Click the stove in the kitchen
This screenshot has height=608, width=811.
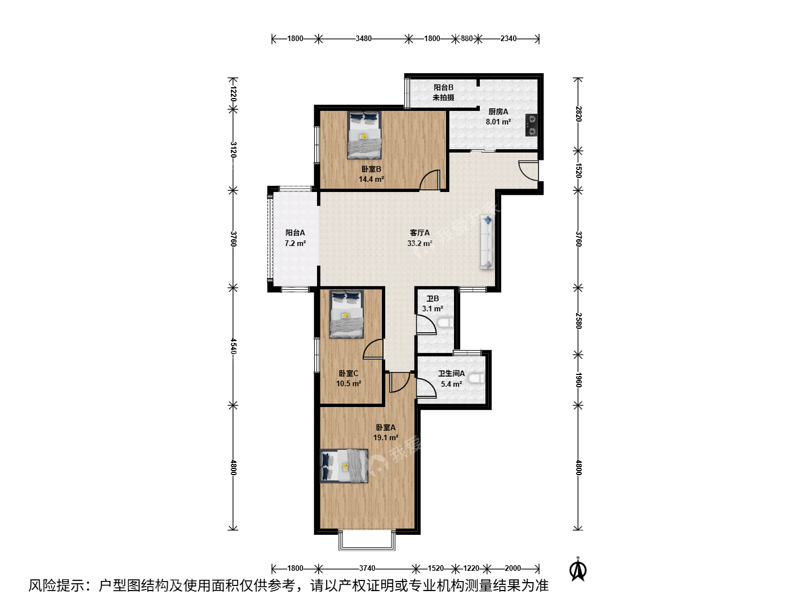(531, 125)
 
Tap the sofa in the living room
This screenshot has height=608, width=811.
(487, 243)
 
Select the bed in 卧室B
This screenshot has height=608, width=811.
(364, 135)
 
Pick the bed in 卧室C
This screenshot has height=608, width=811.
(346, 314)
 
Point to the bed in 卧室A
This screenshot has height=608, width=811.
(344, 466)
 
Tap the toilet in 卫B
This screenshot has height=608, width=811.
(445, 323)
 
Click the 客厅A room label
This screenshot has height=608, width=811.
(420, 233)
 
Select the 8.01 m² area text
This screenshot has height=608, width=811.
(498, 122)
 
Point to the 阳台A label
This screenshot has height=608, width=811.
(295, 233)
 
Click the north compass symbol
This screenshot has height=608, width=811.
(578, 570)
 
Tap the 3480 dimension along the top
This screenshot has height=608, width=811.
(364, 38)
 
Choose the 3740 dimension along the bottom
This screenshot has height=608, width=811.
(367, 568)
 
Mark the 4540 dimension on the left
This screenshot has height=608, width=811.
(233, 346)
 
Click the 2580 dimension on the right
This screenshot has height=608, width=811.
(578, 321)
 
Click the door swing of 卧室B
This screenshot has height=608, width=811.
(429, 180)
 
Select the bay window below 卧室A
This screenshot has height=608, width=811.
(367, 540)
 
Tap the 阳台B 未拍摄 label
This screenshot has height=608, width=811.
(443, 92)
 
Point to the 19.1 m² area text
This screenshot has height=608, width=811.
(386, 438)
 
